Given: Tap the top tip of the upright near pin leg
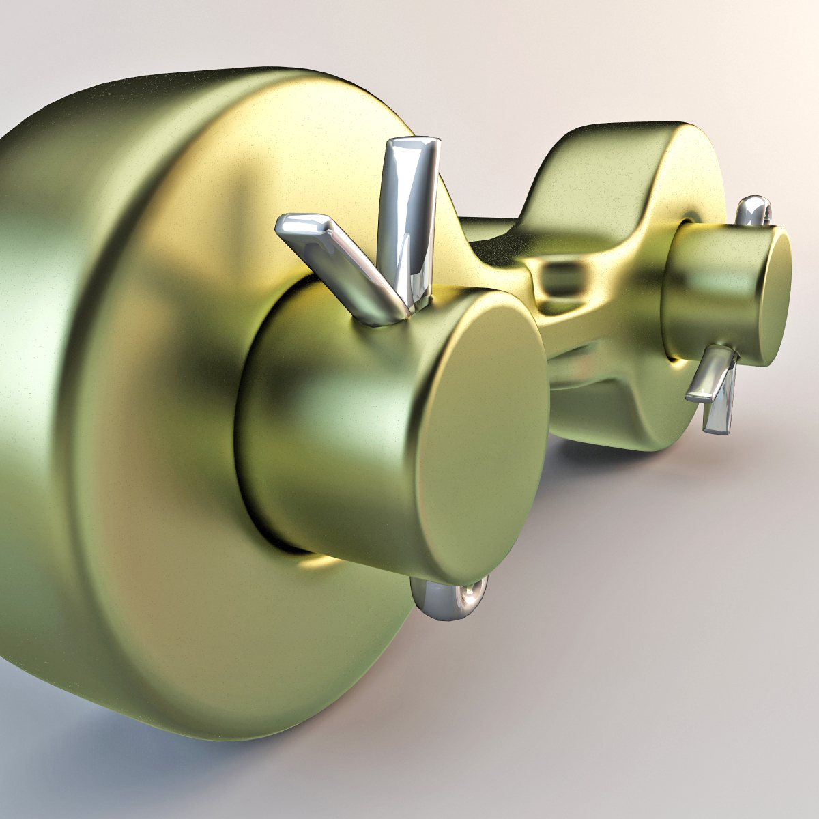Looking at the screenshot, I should pyautogui.click(x=412, y=145).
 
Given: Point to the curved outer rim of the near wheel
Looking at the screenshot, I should pyautogui.click(x=55, y=341).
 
